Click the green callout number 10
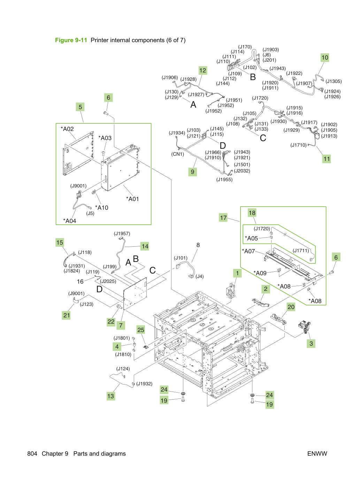pyautogui.click(x=325, y=57)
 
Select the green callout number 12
pyautogui.click(x=202, y=70)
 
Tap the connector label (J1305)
pyautogui.click(x=334, y=82)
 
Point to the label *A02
pyautogui.click(x=67, y=129)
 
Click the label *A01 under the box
pyautogui.click(x=132, y=199)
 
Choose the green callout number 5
pyautogui.click(x=81, y=107)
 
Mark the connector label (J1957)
pyautogui.click(x=122, y=233)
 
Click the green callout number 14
pyautogui.click(x=145, y=246)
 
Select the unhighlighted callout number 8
pyautogui.click(x=198, y=245)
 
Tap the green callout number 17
pyautogui.click(x=223, y=218)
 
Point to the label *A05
pyautogui.click(x=251, y=238)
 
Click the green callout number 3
pyautogui.click(x=311, y=343)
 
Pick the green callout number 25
pyautogui.click(x=141, y=330)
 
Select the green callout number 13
pyautogui.click(x=111, y=396)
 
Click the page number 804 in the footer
pyautogui.click(x=32, y=454)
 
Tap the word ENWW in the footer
pyautogui.click(x=317, y=454)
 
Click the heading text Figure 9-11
pyautogui.click(x=71, y=40)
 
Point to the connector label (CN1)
pyautogui.click(x=177, y=154)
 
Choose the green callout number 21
pyautogui.click(x=67, y=315)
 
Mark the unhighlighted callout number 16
pyautogui.click(x=80, y=281)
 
